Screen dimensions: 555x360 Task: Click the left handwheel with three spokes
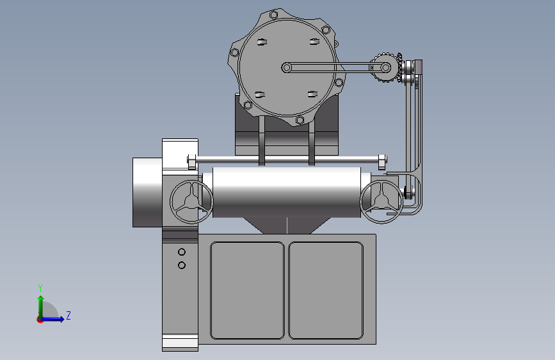[x=191, y=202]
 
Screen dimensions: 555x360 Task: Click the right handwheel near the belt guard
[x=382, y=202]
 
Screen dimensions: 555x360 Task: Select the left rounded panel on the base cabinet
[x=247, y=291]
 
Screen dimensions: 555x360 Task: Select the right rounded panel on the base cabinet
[x=326, y=291]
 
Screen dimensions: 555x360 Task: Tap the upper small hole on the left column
[x=182, y=252]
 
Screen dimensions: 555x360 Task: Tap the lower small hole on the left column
[x=182, y=265]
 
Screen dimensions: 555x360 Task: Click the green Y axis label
[x=40, y=288]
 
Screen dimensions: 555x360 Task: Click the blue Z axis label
[x=68, y=315]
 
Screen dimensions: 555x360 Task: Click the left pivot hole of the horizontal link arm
[x=287, y=67]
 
